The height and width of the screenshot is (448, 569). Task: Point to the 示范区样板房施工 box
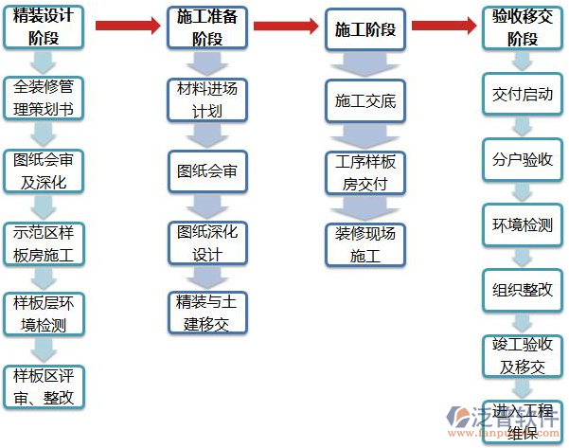pos(44,243)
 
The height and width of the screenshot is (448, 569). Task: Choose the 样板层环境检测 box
pos(44,314)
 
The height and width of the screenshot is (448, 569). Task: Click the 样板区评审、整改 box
pos(44,386)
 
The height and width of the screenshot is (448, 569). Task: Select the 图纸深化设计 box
pos(207,242)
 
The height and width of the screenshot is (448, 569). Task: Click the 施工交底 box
pos(365,100)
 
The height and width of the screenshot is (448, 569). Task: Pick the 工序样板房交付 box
pos(365,172)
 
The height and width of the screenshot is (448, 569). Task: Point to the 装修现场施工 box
pos(365,244)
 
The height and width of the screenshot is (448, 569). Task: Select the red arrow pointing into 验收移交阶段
pos(444,25)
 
